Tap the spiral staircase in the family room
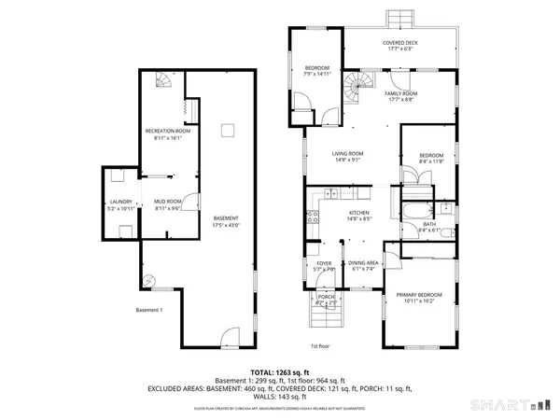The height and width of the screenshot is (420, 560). pyautogui.click(x=357, y=90)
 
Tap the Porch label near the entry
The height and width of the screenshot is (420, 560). pyautogui.click(x=326, y=299)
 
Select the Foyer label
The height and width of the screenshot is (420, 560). pyautogui.click(x=324, y=267)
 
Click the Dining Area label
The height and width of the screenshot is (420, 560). pyautogui.click(x=363, y=266)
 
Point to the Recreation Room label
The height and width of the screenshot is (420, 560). pyautogui.click(x=168, y=133)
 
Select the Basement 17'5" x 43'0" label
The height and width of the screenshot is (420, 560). pyautogui.click(x=226, y=221)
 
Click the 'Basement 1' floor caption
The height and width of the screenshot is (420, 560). pyautogui.click(x=149, y=310)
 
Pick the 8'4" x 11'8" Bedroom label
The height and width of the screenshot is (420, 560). pyautogui.click(x=430, y=158)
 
